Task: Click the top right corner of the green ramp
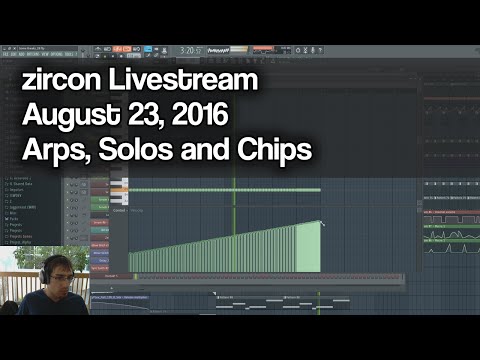(320, 222)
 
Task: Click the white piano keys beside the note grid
(118, 185)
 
